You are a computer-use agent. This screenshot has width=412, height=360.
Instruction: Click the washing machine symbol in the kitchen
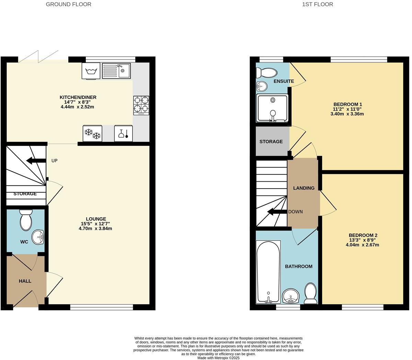coord(91,71)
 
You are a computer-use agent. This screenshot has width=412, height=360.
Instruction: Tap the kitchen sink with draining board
coord(116,71)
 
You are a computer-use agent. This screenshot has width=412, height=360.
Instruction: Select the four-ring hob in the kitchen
coord(141,105)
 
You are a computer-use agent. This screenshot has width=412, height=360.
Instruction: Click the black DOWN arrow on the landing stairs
coord(277,212)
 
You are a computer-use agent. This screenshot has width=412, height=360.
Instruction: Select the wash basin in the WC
coord(38,237)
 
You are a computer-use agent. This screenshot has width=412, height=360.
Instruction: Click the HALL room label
coord(25,281)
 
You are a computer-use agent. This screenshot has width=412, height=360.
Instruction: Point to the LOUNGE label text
coord(96,219)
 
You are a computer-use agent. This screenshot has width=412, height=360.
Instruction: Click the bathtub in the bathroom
coord(268,272)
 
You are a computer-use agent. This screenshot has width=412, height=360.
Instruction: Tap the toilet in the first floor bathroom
coord(311,293)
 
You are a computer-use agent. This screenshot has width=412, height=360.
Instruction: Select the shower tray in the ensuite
coord(272,108)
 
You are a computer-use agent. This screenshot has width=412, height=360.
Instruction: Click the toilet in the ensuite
coord(267,72)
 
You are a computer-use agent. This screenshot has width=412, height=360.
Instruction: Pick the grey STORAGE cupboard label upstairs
coord(271,142)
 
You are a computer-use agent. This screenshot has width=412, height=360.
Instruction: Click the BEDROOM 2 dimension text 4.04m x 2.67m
coord(362,245)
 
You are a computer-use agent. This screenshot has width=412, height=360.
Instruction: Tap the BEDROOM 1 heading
coord(348,104)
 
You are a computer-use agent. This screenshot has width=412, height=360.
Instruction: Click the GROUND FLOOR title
coord(69,4)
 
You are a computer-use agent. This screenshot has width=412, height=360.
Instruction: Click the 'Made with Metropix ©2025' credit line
coord(218,358)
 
